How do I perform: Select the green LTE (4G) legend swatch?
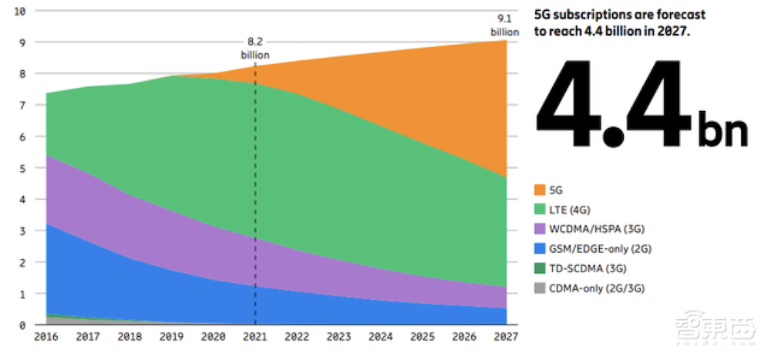[539, 210]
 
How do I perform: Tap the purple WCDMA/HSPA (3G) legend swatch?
[539, 230]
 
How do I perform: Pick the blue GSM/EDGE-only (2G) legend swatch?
[539, 249]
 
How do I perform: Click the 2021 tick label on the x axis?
[254, 337]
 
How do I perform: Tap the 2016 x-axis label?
[46, 337]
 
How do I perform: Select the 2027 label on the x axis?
[506, 337]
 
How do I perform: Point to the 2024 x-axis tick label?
[380, 337]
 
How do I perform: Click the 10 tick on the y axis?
[21, 12]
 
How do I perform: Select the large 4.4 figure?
[613, 104]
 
